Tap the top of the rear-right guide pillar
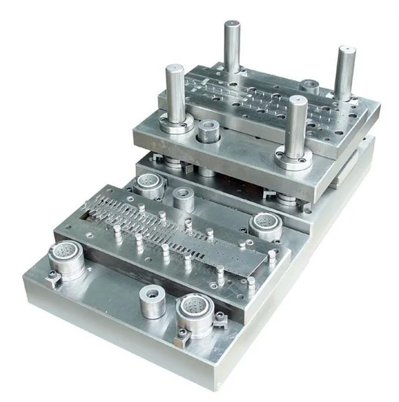coord(345,50)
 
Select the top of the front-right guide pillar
coord(297,100)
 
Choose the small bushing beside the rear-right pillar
coord(309,86)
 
